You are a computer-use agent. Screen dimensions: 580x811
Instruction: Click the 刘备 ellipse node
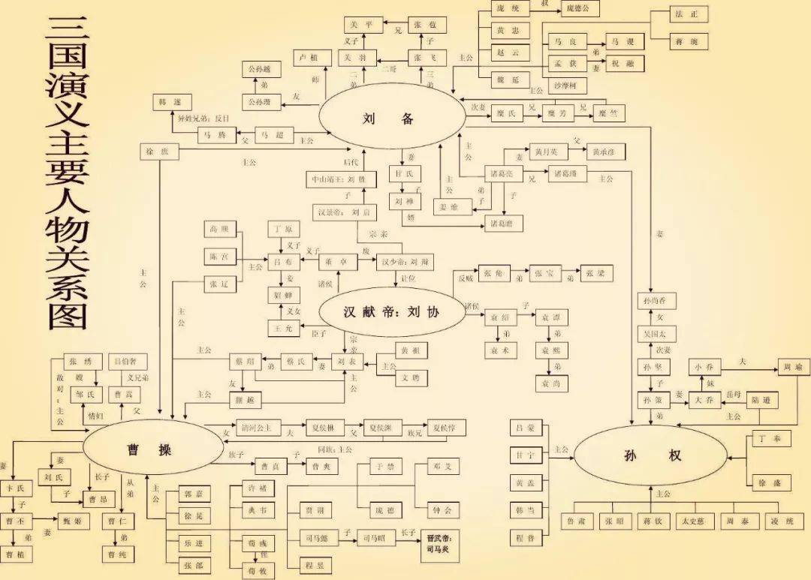pos(388,119)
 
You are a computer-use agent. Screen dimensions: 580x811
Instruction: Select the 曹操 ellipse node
pos(149,449)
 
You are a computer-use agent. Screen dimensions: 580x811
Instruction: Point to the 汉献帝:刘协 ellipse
pos(391,312)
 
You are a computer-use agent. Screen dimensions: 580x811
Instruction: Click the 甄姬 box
pos(74,521)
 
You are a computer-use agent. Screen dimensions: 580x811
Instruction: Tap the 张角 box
pos(493,273)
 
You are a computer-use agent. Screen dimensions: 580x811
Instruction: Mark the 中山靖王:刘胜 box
pos(339,181)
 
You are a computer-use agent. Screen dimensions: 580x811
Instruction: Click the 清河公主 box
pos(258,428)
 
